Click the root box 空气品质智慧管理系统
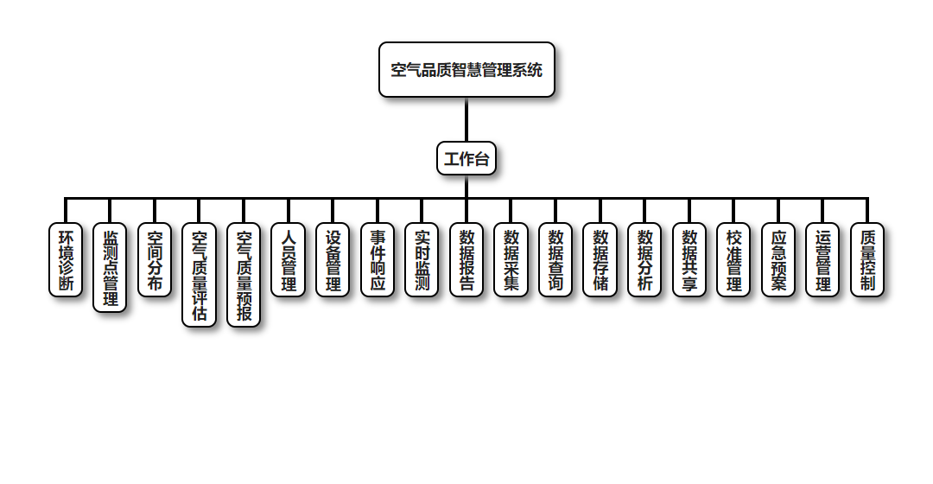pos(466,70)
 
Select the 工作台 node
pos(466,159)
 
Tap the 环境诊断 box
pos(66,260)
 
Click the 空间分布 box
pos(155,260)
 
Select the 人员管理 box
pos(288,260)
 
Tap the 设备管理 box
pos(333,260)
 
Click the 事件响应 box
pos(378,260)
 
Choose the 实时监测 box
pos(422,260)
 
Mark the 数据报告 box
pos(466,260)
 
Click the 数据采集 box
pos(511,260)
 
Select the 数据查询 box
pos(555,260)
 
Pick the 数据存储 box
pos(600,260)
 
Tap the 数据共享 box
pos(689,260)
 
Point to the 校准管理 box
pos(733,260)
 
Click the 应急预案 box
pos(778,260)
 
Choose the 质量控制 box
pos(867,260)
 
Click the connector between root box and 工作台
pos(466,119)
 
